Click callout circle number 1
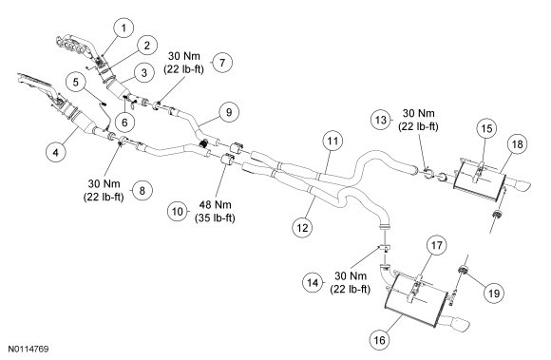123,28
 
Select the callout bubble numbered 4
56,152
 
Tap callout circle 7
222,63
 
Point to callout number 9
229,112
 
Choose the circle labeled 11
332,141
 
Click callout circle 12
302,228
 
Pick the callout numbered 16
379,340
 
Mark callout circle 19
494,293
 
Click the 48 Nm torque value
215,204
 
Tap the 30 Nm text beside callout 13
418,113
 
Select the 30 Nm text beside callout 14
351,275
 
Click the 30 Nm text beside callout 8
104,183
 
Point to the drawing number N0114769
28,350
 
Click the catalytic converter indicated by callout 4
82,121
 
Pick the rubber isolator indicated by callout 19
464,270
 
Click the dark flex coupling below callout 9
204,142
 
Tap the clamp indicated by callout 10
227,161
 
